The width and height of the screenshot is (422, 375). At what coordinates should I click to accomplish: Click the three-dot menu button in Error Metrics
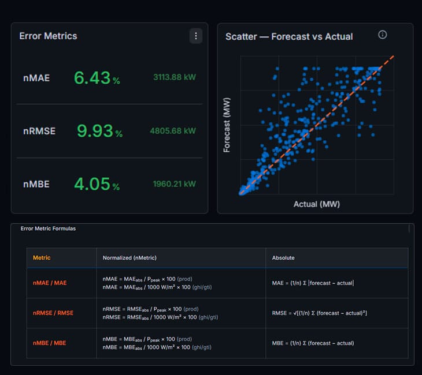pyautogui.click(x=196, y=36)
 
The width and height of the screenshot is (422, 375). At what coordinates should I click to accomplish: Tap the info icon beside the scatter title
pyautogui.click(x=383, y=35)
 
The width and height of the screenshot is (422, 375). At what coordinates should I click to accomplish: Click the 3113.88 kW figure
pyautogui.click(x=175, y=77)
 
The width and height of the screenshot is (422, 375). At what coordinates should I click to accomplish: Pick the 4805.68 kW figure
pyautogui.click(x=173, y=131)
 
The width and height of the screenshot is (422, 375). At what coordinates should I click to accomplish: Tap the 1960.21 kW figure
pyautogui.click(x=175, y=184)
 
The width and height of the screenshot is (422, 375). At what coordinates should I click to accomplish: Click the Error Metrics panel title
pyautogui.click(x=48, y=36)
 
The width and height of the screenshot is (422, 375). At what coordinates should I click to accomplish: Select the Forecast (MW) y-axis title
pyautogui.click(x=227, y=125)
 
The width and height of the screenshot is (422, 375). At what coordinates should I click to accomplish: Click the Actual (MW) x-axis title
pyautogui.click(x=317, y=204)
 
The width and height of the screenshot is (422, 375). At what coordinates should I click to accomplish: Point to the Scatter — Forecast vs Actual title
pyautogui.click(x=289, y=36)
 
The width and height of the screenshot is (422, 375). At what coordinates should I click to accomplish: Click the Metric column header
pyautogui.click(x=42, y=258)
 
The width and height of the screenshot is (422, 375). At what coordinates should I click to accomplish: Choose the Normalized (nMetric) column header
pyautogui.click(x=129, y=258)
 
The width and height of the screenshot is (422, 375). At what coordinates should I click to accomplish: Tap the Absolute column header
pyautogui.click(x=283, y=258)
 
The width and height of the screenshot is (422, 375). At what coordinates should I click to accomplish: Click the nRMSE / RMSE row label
pyautogui.click(x=53, y=313)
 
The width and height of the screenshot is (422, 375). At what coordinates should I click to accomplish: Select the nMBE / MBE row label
pyautogui.click(x=50, y=343)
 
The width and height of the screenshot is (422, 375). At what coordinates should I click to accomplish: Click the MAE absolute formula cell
pyautogui.click(x=313, y=283)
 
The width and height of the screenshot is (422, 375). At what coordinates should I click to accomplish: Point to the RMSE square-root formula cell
pyautogui.click(x=320, y=313)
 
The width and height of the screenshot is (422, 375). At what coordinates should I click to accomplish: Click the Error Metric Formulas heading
pyautogui.click(x=48, y=228)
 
